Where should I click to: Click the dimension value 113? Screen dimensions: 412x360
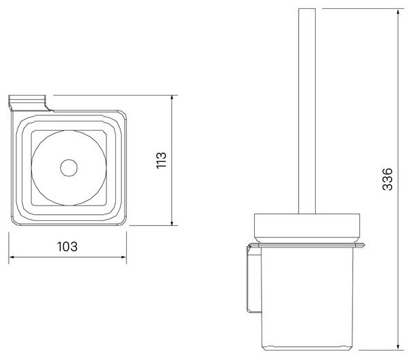pyautogui.click(x=161, y=160)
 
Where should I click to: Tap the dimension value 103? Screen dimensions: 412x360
pyautogui.click(x=67, y=247)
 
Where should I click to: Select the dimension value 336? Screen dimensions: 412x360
pyautogui.click(x=388, y=179)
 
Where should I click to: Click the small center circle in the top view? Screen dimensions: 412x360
pyautogui.click(x=69, y=167)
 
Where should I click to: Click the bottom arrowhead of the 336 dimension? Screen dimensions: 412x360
pyautogui.click(x=398, y=346)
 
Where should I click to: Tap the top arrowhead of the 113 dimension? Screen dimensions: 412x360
pyautogui.click(x=172, y=99)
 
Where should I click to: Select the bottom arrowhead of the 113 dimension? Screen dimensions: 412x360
pyautogui.click(x=172, y=222)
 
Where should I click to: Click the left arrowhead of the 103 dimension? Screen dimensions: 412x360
pyautogui.click(x=13, y=257)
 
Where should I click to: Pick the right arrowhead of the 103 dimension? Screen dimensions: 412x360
pyautogui.click(x=123, y=257)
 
